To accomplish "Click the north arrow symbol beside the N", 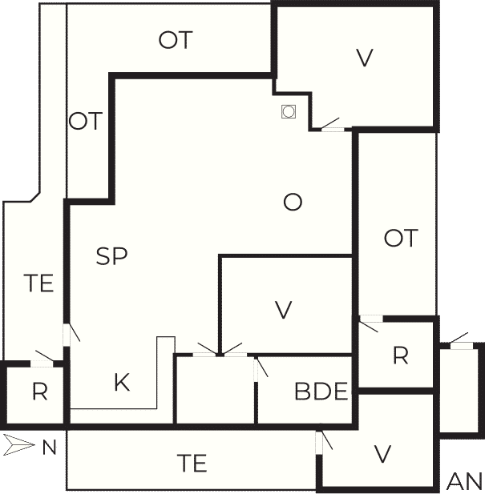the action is tap(19, 444).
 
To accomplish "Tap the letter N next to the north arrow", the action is tap(50, 448).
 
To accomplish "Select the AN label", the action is tap(464, 481).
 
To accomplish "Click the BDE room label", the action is tap(321, 392).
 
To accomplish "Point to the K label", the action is tap(122, 382).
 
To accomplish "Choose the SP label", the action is tap(111, 256).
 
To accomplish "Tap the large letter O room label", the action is tap(293, 203).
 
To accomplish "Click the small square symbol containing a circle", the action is tap(289, 112).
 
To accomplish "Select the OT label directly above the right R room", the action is tap(401, 238).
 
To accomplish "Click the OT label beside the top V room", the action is tap(176, 40).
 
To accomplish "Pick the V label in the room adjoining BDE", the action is tap(284, 310).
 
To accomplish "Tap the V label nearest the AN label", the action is tap(382, 454).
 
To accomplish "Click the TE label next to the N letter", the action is tap(192, 464).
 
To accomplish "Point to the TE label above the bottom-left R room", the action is tap(38, 283).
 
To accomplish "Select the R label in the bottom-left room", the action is tap(40, 392).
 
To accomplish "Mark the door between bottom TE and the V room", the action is tap(323, 443).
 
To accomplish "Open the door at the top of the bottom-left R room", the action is tap(43, 359).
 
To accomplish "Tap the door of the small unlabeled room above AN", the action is tap(460, 341).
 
